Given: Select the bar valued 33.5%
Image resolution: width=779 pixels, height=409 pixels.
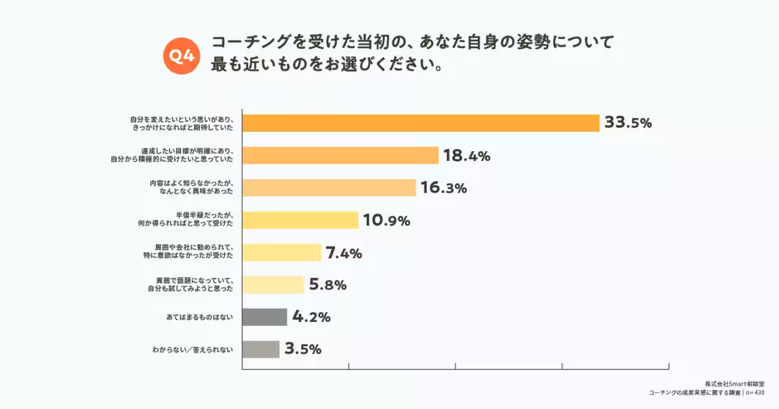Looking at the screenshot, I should point(421,123).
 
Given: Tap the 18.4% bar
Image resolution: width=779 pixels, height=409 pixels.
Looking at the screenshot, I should point(340,155).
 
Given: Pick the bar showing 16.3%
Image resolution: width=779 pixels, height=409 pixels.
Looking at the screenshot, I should point(328,188).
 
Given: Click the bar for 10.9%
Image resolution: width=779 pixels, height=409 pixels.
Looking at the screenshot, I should point(300,220).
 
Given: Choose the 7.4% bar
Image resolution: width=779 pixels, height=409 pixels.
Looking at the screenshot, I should point(282,253).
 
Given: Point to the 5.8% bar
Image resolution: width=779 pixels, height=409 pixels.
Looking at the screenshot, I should point(273,285).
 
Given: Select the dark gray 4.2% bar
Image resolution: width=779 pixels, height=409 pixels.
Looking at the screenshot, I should point(264,317).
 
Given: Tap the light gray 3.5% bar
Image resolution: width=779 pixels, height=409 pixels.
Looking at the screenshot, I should point(261,349).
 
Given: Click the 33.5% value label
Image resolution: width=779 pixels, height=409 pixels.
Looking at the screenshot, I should point(628,123).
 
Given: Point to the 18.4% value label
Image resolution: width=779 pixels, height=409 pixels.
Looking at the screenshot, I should point(466,156).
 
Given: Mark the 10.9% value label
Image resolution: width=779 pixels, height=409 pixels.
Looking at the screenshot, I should point(386,221).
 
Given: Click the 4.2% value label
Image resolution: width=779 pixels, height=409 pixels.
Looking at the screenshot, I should point(312,317).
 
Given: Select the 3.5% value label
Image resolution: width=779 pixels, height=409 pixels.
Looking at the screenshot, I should point(303,349).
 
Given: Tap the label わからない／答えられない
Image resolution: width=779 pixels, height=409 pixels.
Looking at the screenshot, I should point(192,350).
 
